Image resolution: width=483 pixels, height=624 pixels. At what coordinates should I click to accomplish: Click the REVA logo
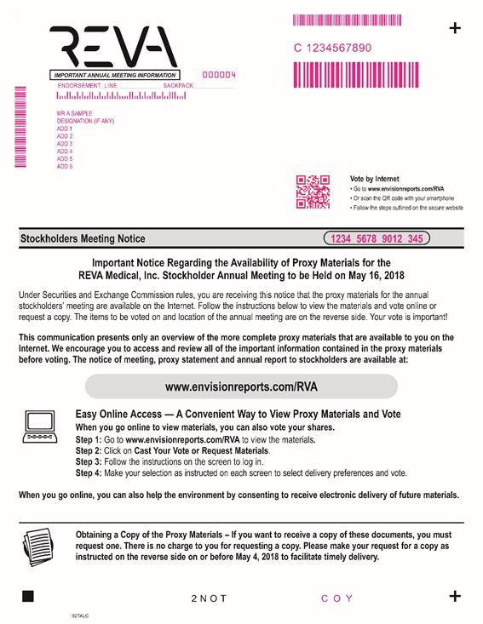click(113, 47)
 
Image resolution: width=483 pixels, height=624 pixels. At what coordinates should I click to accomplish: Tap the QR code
click(313, 192)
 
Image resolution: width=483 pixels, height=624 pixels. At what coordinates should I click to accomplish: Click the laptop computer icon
click(40, 426)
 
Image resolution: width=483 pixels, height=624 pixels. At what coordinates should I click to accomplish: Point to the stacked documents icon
click(38, 547)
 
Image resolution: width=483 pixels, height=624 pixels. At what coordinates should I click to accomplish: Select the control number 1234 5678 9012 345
click(377, 238)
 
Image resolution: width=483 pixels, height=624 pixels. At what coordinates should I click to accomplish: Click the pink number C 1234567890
click(332, 49)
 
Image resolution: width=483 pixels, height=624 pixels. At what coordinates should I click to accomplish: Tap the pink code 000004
click(219, 75)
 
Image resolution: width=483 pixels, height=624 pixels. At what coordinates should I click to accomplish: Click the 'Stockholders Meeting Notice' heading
click(83, 238)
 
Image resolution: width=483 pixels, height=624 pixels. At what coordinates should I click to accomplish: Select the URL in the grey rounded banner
click(241, 386)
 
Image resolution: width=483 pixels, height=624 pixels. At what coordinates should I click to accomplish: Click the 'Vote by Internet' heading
click(374, 179)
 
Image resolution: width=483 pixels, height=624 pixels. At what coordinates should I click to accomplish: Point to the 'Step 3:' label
click(89, 462)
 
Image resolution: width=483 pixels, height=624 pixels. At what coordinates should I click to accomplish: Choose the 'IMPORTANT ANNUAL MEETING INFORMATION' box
click(115, 75)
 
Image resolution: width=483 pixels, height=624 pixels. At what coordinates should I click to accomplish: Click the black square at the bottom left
click(28, 596)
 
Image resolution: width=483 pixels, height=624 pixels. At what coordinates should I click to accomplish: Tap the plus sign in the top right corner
click(455, 28)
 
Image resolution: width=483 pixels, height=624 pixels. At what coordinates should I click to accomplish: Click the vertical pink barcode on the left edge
click(20, 127)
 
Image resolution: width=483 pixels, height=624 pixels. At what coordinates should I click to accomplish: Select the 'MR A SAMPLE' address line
click(74, 113)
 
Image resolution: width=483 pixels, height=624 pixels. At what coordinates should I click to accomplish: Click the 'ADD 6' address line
click(65, 166)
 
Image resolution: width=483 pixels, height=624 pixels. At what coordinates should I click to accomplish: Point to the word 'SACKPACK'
click(178, 86)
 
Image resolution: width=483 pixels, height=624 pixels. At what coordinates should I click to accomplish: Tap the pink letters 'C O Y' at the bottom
click(336, 598)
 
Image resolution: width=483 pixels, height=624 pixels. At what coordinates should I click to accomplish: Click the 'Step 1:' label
click(89, 440)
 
